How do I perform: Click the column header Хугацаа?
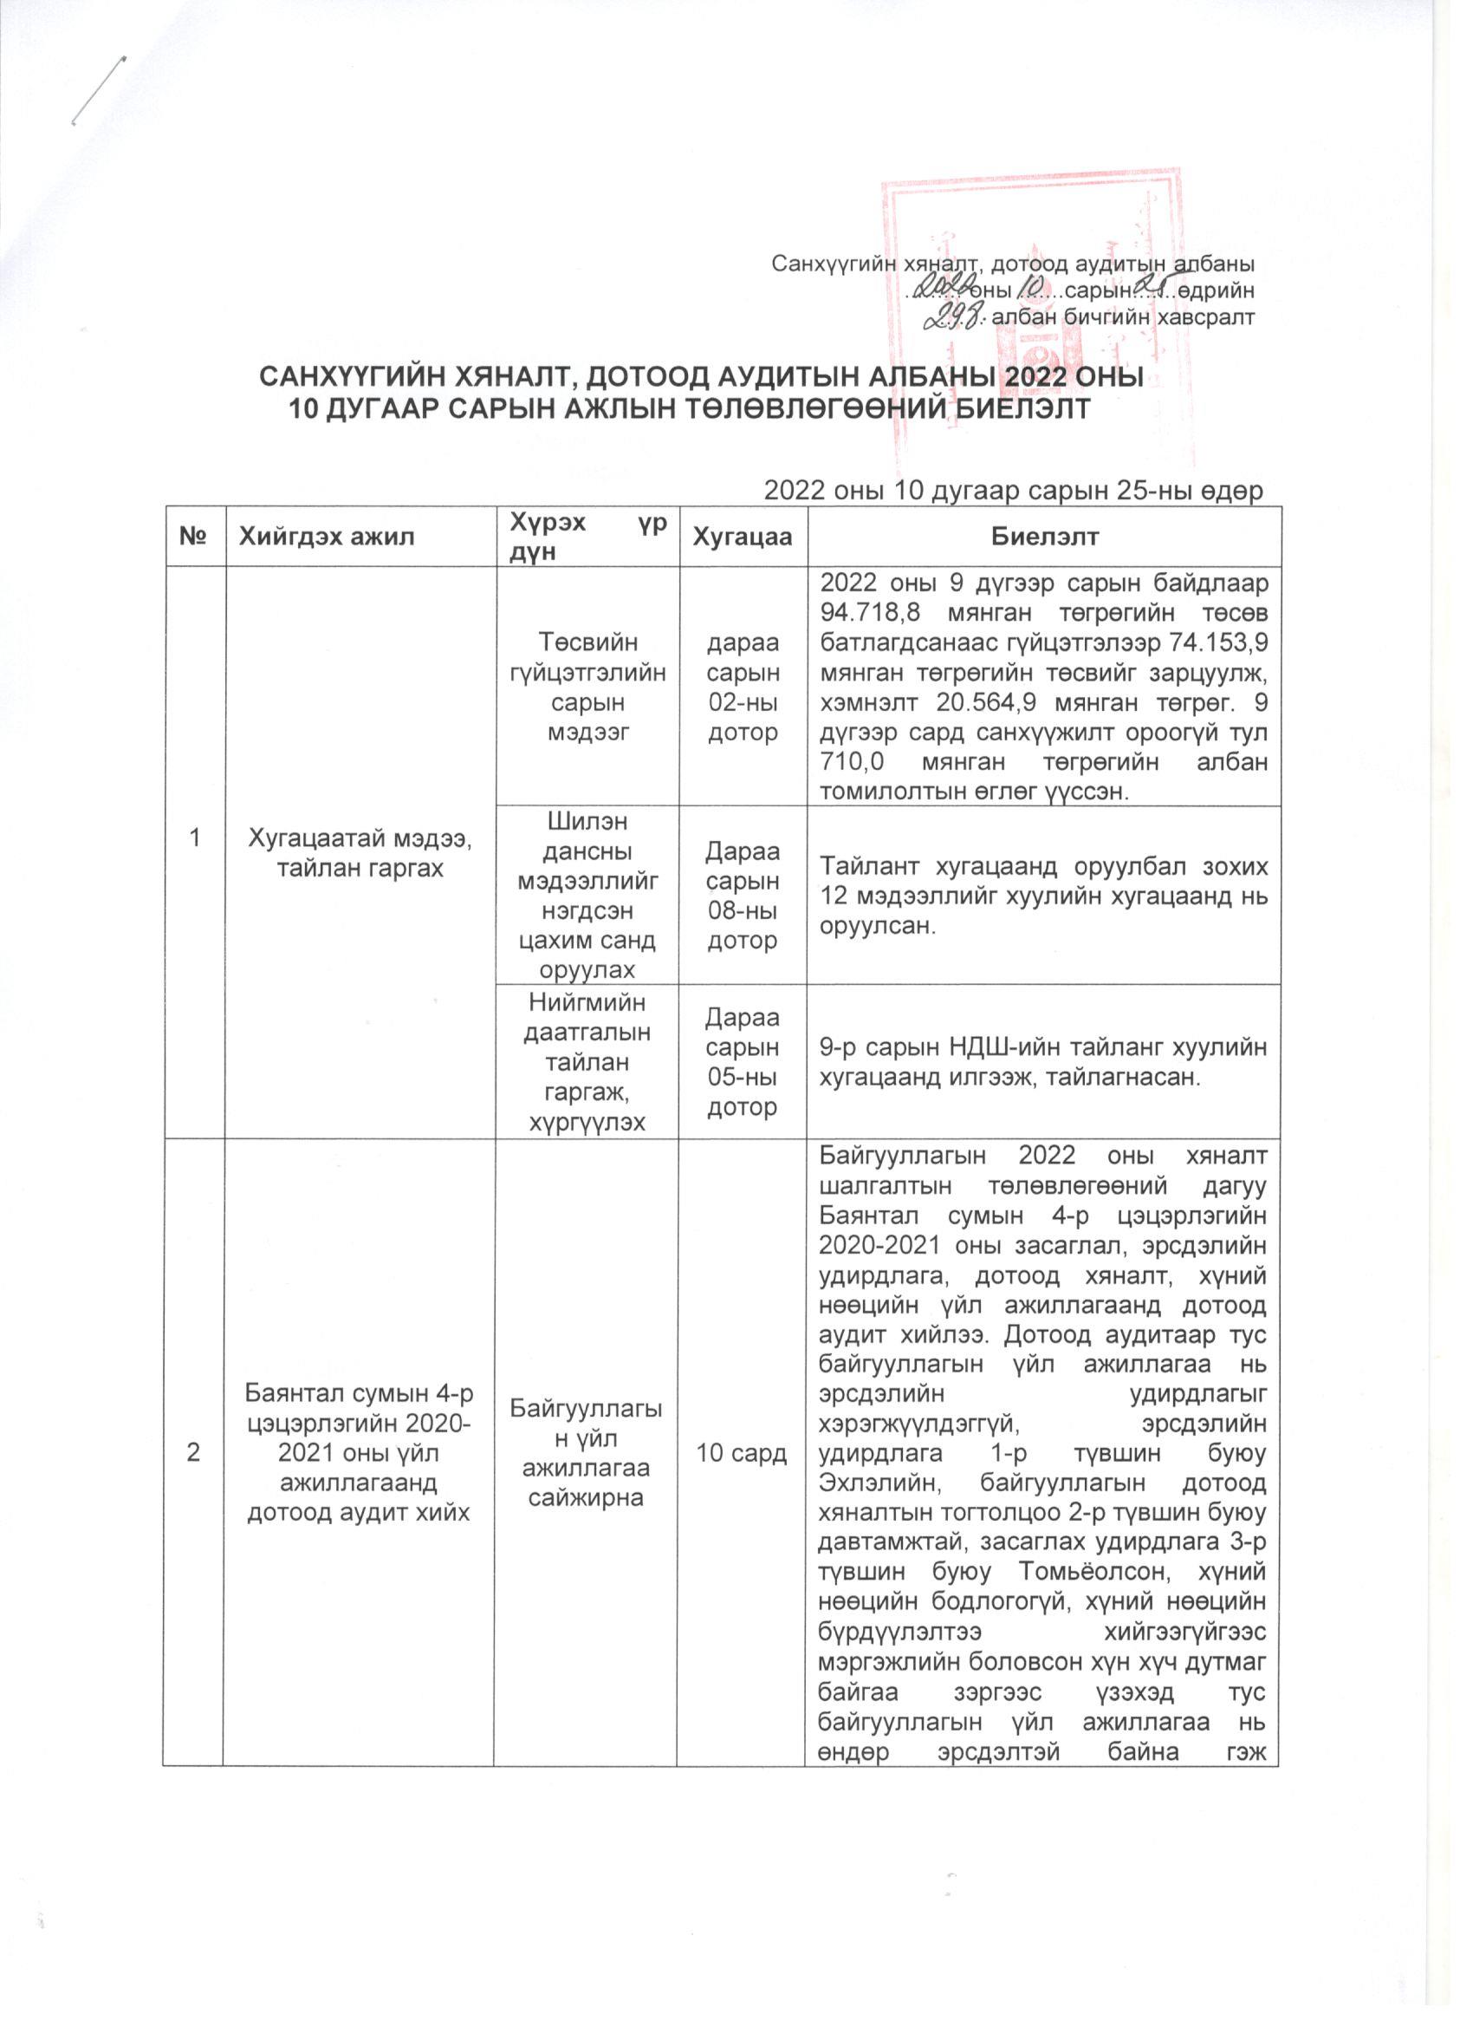[x=743, y=537]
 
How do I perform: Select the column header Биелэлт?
[x=1043, y=537]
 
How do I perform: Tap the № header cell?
[x=194, y=537]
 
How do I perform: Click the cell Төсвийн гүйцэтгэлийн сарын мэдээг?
[x=587, y=687]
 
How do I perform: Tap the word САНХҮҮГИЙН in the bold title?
[x=350, y=376]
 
